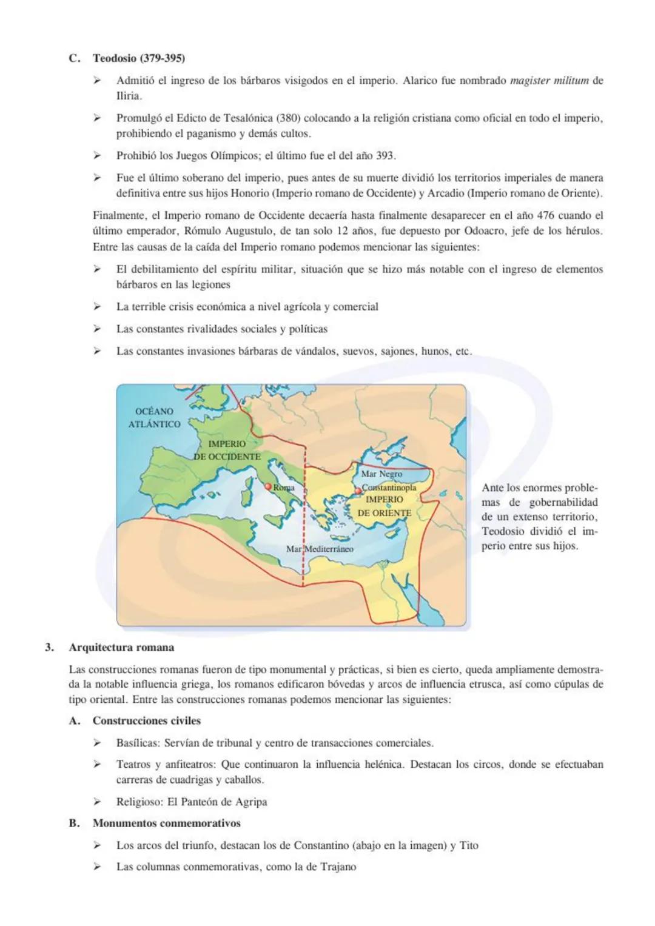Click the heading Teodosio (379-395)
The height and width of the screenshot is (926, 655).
138,58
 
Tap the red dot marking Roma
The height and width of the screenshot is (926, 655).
268,486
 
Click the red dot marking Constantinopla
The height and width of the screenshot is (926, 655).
358,490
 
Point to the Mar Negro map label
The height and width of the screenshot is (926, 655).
381,474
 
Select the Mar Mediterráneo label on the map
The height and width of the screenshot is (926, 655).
320,549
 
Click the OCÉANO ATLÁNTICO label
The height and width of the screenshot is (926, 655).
154,418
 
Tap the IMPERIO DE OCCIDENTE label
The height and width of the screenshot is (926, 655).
227,450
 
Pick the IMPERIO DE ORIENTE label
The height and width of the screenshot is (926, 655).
385,506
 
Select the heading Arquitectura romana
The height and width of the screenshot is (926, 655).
121,647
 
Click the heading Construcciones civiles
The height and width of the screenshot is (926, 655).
146,720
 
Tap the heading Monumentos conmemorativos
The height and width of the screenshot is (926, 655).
166,823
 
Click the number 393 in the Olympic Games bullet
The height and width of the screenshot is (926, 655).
385,156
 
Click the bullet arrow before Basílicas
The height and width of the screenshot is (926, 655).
96,743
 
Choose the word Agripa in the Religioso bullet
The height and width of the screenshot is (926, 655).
250,802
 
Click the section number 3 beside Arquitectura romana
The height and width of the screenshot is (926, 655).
49,647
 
